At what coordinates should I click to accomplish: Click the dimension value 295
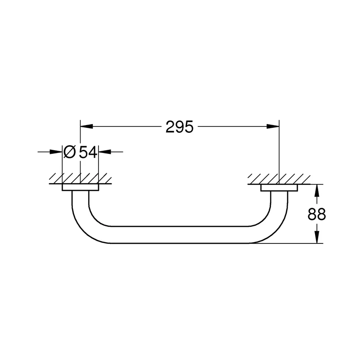[x=180, y=127]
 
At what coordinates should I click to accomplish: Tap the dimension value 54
[x=88, y=152]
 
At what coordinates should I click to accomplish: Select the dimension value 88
[x=317, y=214]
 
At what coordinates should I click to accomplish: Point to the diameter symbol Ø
[x=69, y=152]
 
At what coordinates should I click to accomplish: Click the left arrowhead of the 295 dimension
[x=86, y=126]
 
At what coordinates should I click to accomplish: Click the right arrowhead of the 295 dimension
[x=273, y=126]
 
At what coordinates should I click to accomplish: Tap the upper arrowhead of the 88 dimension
[x=317, y=190]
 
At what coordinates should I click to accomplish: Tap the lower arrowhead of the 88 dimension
[x=317, y=237]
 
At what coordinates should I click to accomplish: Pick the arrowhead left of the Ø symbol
[x=56, y=152]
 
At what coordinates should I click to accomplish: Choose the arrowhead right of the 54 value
[x=105, y=152]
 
